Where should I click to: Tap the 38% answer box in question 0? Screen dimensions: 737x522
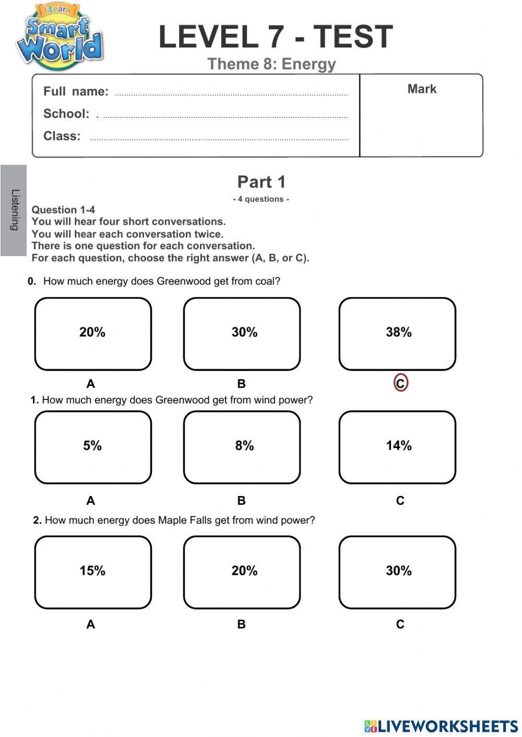397,334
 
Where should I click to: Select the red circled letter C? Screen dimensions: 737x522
400,383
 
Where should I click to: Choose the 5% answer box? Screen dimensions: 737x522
93,447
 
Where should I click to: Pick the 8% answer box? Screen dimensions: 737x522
242,447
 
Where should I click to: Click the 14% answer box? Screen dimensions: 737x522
397,447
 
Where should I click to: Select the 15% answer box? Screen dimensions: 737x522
93,572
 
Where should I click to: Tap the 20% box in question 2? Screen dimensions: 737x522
242,572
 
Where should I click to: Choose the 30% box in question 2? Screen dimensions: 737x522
397,572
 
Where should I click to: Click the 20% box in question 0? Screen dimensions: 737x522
93,334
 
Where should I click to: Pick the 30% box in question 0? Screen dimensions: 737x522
242,334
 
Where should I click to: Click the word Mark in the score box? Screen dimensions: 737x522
422,89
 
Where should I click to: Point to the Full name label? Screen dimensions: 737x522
76,92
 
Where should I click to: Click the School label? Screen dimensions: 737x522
66,114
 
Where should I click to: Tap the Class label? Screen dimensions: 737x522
62,136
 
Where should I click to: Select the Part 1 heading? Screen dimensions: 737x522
262,182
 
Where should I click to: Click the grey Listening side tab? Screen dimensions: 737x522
14,210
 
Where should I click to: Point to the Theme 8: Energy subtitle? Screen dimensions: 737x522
271,64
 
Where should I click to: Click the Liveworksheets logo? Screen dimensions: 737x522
441,726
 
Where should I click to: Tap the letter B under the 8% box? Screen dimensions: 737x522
241,501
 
